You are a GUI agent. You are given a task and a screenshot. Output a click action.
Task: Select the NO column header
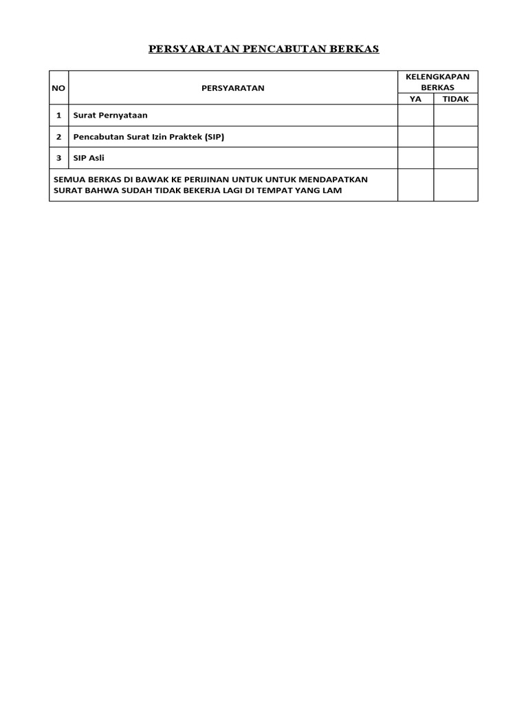click(58, 88)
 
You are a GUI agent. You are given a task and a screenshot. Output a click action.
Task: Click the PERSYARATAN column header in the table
click(232, 88)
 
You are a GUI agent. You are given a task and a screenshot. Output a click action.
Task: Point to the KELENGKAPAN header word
click(438, 77)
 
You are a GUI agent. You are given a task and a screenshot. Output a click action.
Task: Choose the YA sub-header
click(415, 99)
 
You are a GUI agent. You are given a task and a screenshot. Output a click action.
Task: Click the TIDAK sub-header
click(455, 99)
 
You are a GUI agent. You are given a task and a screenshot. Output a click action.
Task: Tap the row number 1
click(59, 115)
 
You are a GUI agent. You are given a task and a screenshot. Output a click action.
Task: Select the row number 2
click(59, 137)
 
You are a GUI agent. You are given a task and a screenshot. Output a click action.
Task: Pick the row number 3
click(59, 158)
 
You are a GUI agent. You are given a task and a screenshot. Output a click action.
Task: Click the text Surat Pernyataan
click(111, 115)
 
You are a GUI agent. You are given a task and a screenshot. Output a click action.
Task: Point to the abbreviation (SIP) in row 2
click(211, 137)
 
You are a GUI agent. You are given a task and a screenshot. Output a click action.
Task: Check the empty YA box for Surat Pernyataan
click(415, 115)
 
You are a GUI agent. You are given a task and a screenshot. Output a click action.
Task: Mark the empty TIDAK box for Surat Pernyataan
click(455, 115)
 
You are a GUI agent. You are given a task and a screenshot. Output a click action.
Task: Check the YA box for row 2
click(415, 137)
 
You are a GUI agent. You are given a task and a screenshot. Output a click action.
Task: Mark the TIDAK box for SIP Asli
click(455, 158)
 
